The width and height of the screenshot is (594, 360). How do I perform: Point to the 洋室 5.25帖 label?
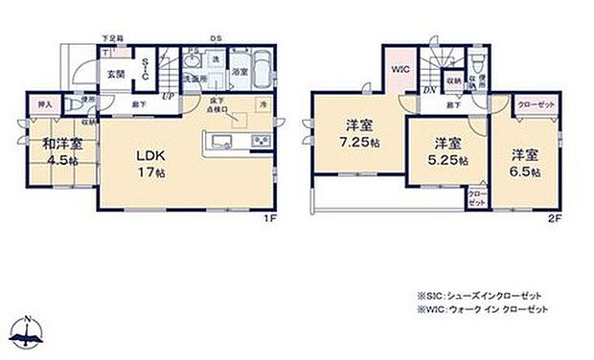point(446,151)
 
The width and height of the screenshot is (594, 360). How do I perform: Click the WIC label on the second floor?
point(400,68)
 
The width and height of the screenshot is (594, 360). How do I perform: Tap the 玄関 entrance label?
point(114,73)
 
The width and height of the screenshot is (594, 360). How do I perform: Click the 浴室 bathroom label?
point(240,72)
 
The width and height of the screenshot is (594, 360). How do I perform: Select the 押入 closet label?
point(45,104)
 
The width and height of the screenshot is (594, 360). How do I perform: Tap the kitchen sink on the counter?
point(219,144)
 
